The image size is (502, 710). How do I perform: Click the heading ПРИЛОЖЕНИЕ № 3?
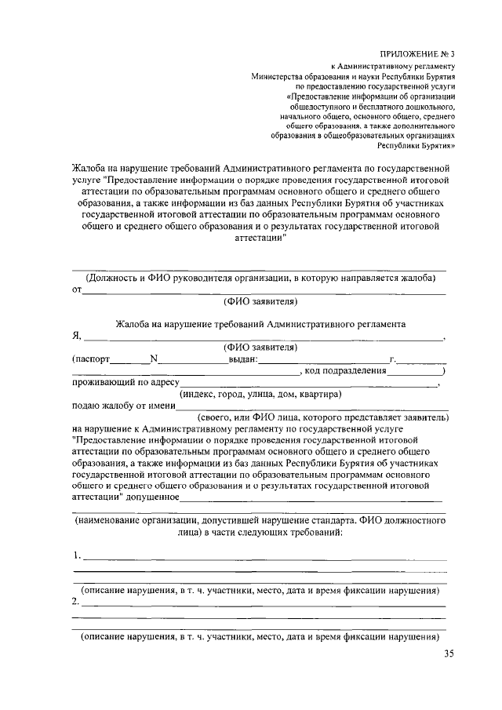[x=413, y=53]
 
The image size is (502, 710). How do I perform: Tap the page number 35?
[x=448, y=654]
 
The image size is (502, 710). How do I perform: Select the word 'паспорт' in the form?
[x=92, y=359]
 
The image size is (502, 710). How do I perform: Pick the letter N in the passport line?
[x=154, y=359]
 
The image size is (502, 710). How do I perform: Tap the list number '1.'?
[x=76, y=555]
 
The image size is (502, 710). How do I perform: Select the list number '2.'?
[x=75, y=602]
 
